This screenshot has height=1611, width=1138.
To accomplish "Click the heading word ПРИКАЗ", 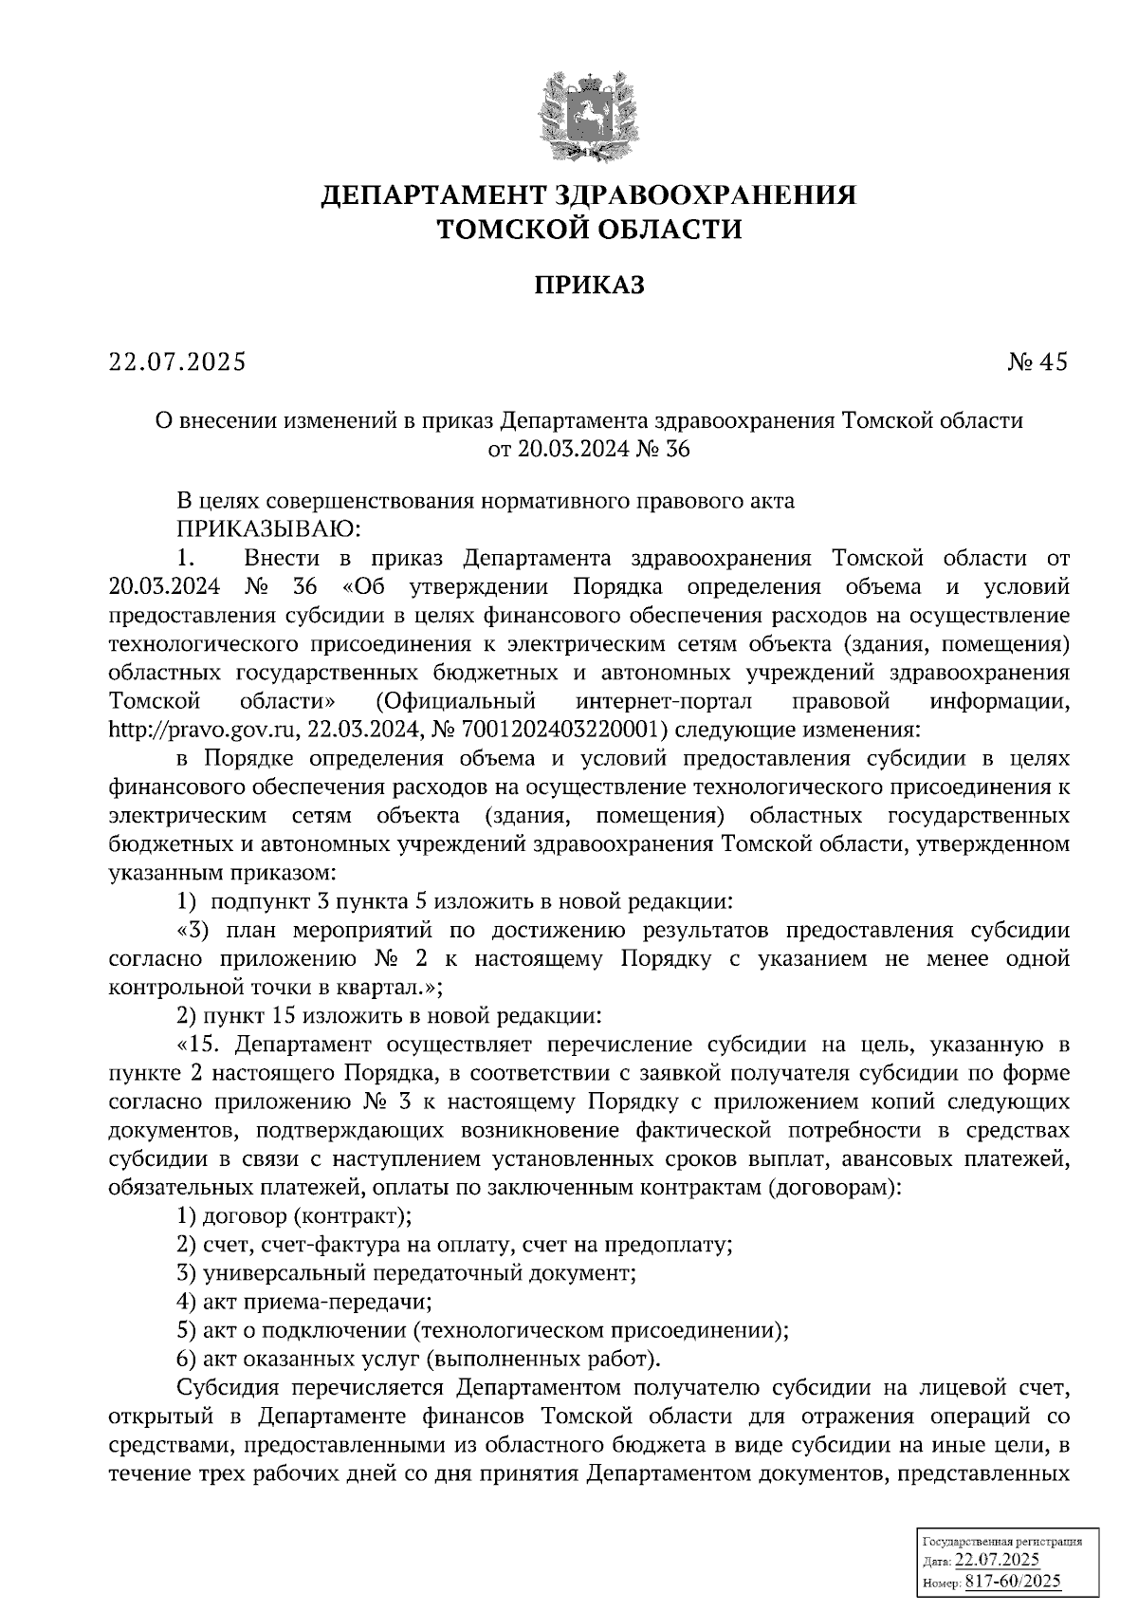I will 588,285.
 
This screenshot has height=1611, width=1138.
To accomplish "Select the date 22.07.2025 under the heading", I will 177,361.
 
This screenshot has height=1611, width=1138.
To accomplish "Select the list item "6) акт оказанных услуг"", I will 418,1359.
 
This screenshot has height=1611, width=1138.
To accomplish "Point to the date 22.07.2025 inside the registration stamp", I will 997,1561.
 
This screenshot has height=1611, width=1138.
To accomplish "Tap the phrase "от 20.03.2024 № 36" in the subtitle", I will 588,449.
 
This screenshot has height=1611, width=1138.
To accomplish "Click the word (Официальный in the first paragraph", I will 455,701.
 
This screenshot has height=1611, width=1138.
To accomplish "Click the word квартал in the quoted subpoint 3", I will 379,988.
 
